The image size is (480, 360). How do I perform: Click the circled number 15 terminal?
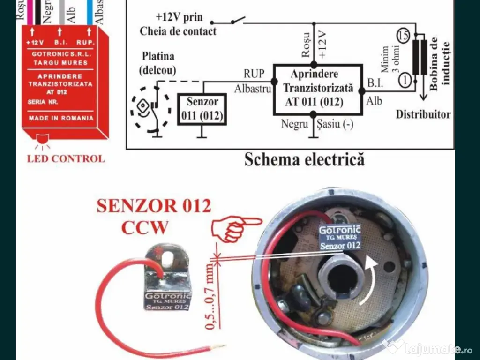coord(403,35)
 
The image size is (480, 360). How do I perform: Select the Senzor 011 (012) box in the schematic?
coord(202,109)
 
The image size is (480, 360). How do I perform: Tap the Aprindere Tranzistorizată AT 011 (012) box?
coord(317,90)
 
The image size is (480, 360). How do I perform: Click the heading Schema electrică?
coord(304,160)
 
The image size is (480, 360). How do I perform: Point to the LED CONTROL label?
coord(66,158)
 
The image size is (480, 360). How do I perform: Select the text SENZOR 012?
coord(154,206)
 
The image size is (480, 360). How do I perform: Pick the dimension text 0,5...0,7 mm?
coord(210,296)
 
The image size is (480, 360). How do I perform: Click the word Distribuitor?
coord(423,114)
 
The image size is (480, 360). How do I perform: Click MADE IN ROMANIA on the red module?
coord(61,118)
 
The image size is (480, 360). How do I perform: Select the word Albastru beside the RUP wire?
coord(253,89)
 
